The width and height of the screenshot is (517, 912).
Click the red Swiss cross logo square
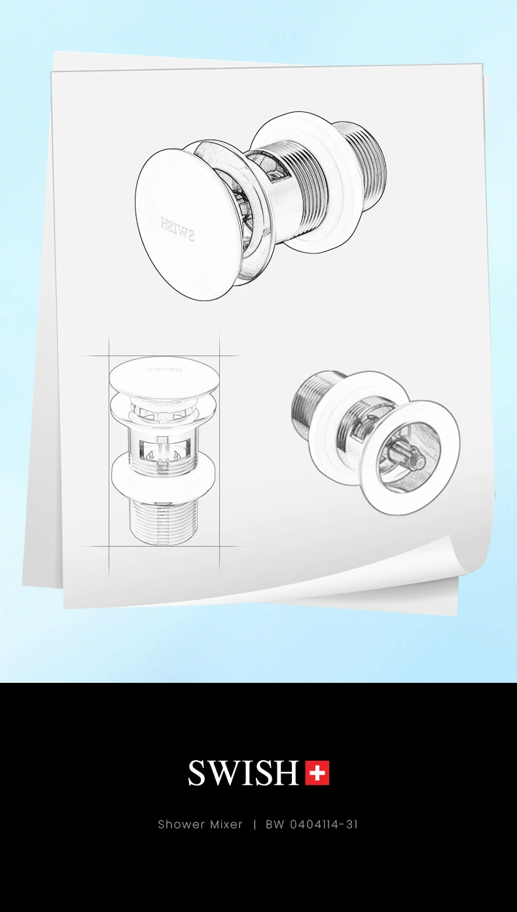[x=317, y=773]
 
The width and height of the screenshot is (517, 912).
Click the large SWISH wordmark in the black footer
[x=243, y=773]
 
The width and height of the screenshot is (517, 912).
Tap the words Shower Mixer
[x=200, y=824]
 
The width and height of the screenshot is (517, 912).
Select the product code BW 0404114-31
[x=312, y=824]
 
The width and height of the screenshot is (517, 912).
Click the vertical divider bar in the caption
[x=255, y=824]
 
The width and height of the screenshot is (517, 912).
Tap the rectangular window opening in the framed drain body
[x=164, y=450]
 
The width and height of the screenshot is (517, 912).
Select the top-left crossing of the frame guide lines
[x=109, y=356]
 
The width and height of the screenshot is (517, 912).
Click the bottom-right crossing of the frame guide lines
[x=220, y=546]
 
